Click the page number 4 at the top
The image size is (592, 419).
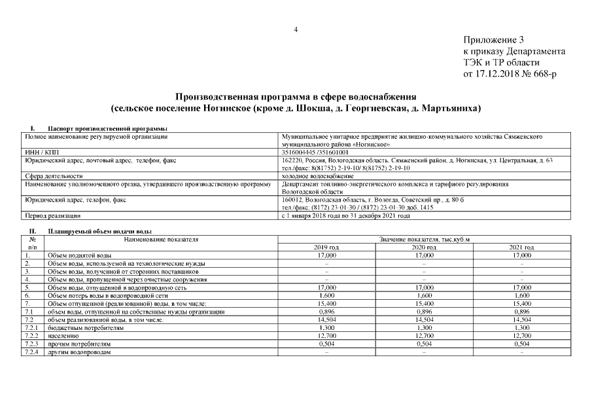(x=296, y=29)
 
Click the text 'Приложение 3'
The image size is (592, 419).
(x=494, y=41)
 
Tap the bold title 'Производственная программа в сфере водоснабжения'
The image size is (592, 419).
(x=296, y=96)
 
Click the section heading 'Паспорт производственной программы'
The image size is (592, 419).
(x=108, y=128)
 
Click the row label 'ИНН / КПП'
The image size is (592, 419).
(x=39, y=152)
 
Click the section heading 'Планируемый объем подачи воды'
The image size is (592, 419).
(x=99, y=231)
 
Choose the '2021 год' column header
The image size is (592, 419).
(x=521, y=247)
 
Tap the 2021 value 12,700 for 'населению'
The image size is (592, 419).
(x=521, y=335)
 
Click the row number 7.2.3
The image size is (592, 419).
(x=31, y=343)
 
